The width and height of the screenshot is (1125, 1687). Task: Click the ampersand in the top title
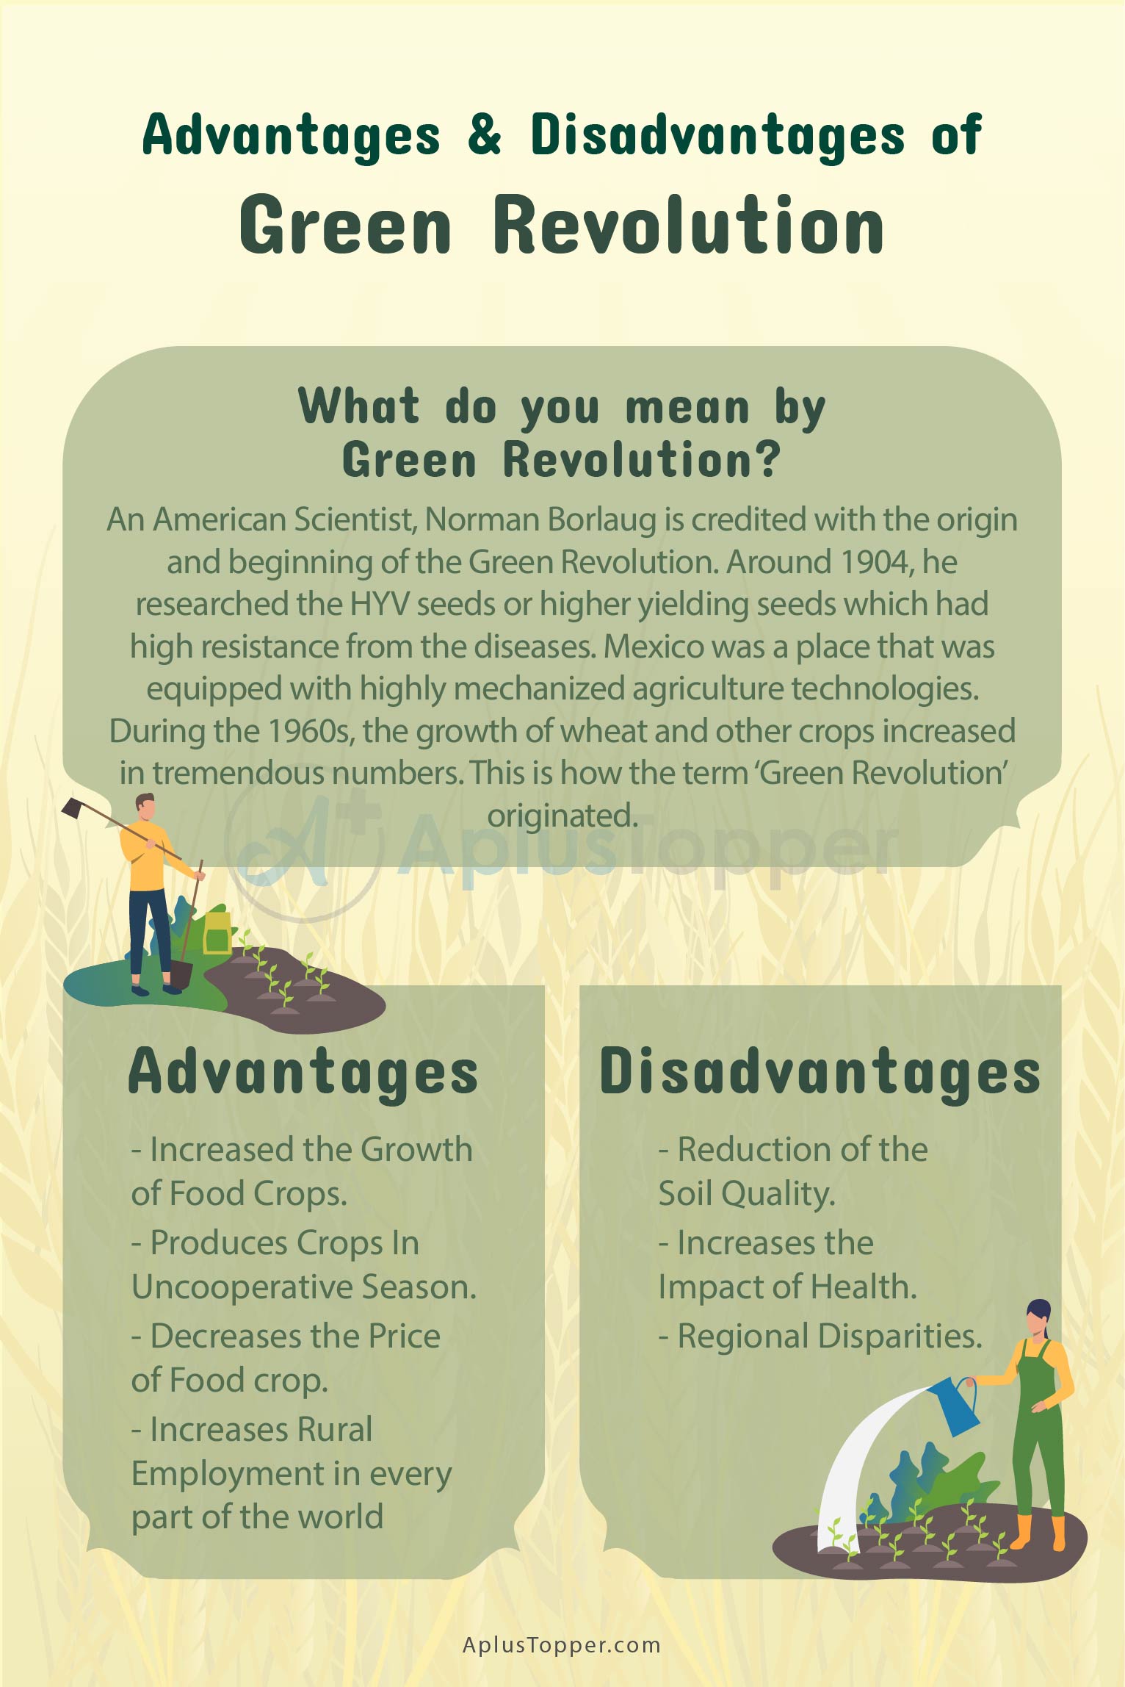(x=485, y=134)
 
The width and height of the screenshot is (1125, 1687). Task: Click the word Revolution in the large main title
(x=689, y=225)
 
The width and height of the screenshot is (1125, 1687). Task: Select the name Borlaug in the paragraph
(x=602, y=519)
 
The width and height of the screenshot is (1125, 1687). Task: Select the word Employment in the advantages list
(x=228, y=1472)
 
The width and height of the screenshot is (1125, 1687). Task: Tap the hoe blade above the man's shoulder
(x=74, y=807)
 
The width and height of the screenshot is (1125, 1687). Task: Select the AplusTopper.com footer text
(x=562, y=1644)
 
